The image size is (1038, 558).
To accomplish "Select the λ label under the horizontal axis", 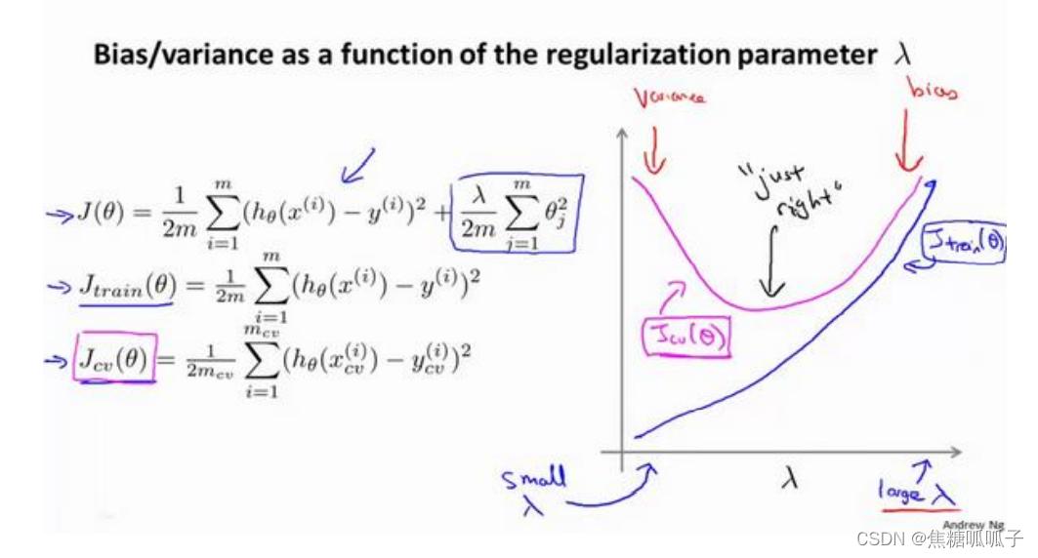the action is pos(789,478).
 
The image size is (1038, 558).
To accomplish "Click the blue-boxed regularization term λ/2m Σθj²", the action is pos(515,214).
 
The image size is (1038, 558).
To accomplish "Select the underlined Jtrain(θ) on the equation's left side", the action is pos(126,286).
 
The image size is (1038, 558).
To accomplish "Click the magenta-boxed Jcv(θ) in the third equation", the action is pos(114,361).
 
